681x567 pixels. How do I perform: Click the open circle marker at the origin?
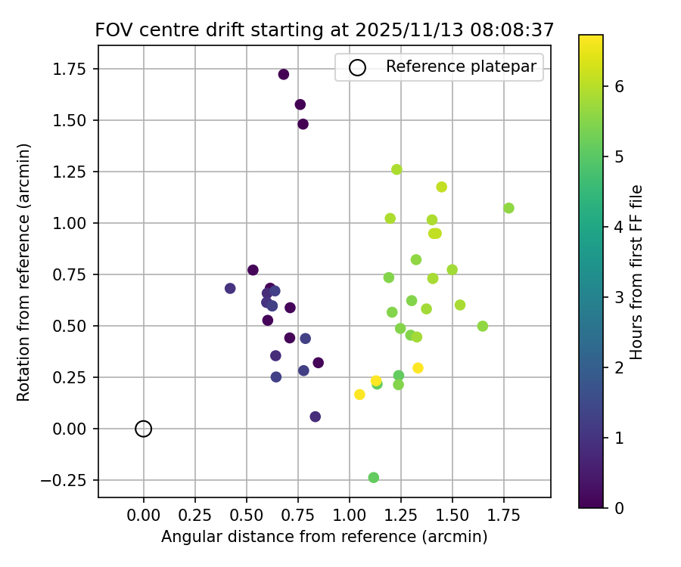(144, 429)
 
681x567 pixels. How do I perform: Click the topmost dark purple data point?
(284, 74)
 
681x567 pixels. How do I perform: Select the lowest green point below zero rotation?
(373, 478)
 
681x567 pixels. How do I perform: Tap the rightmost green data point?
(508, 208)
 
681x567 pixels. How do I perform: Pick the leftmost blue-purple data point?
(230, 289)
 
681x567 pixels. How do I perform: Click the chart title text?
(325, 30)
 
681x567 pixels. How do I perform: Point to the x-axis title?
(325, 537)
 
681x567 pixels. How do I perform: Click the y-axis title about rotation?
(24, 271)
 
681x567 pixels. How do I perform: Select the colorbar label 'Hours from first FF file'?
(636, 271)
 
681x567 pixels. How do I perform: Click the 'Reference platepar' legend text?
(461, 67)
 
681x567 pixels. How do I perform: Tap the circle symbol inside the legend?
(357, 67)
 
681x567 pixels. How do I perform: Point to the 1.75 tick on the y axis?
(73, 69)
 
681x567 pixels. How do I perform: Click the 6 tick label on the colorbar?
(619, 86)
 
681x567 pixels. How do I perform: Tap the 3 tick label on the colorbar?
(619, 297)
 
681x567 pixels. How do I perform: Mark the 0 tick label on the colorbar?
(619, 507)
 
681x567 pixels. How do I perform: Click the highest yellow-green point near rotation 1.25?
(396, 169)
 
